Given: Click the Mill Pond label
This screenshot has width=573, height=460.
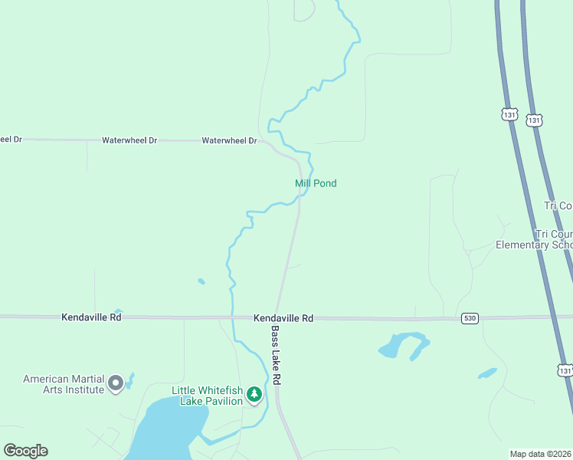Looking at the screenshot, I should coord(316,183).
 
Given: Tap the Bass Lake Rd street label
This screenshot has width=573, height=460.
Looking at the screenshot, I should coord(276,356).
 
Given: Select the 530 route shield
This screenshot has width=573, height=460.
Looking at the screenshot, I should coord(470,318).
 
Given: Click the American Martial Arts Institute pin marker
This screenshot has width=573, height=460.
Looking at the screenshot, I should coord(116,383).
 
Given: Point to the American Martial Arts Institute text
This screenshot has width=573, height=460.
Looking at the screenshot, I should coord(64,384).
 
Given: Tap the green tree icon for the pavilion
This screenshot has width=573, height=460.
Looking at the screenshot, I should coord(254,396).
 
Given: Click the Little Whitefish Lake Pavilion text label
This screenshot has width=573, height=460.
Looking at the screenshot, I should coord(207,396).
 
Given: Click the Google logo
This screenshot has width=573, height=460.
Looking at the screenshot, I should coord(25,451).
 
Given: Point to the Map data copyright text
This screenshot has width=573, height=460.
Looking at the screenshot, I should coord(541,454).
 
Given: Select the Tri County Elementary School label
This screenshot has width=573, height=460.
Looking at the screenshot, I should coord(534,239).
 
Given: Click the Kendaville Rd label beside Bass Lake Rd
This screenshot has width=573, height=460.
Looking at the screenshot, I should coord(284,317).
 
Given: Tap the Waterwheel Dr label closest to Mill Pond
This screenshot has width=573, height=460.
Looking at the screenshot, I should coord(229,141).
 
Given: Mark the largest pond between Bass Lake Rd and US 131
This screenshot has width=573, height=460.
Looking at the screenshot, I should coord(401,345).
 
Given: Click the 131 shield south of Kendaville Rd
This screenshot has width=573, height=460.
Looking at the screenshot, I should coord(565,370).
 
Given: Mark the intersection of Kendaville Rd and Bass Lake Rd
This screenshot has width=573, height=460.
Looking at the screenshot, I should coord(278,317).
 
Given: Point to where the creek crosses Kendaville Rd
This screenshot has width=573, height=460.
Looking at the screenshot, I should coord(231,317).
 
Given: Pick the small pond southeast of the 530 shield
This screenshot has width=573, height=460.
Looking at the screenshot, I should coord(487,373).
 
